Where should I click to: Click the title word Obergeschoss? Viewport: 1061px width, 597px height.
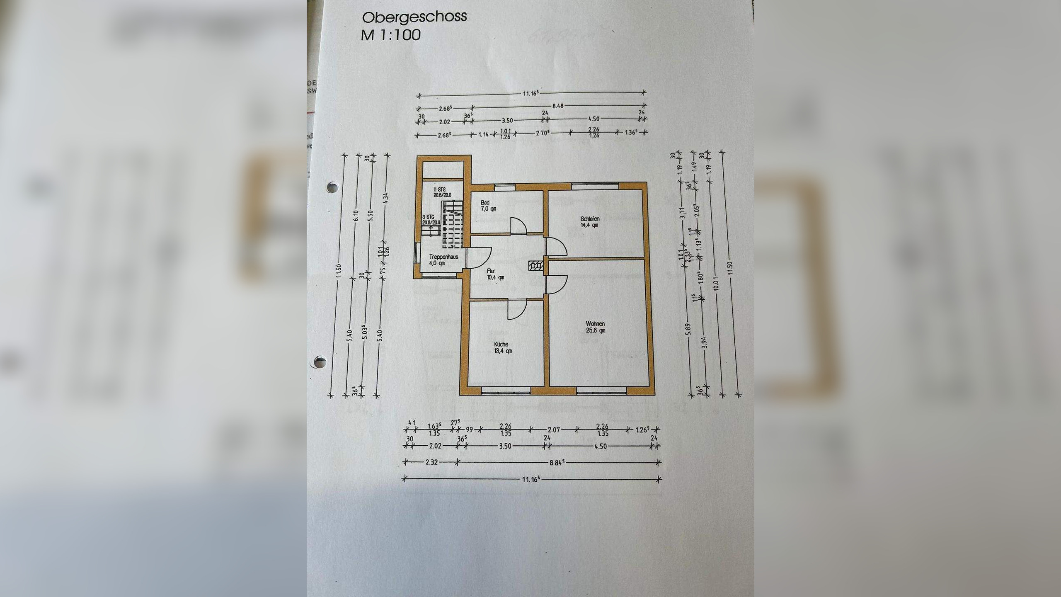point(414,17)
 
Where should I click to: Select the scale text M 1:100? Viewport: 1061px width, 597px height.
point(391,34)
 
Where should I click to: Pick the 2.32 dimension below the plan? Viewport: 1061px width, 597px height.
point(431,463)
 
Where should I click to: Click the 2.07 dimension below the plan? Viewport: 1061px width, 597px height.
point(554,430)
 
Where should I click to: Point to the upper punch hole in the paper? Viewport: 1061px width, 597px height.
point(332,187)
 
